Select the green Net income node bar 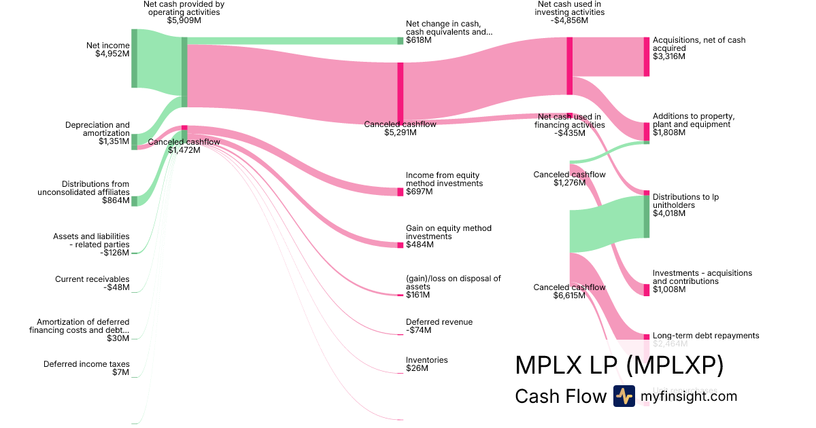[134, 58]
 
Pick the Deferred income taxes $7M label [86, 368]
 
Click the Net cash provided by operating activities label [184, 12]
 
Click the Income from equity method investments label [444, 183]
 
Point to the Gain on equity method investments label [448, 236]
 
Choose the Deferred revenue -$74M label [439, 326]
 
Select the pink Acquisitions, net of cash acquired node [647, 56]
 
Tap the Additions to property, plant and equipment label [693, 124]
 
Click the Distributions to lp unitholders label [685, 205]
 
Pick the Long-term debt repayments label [705, 336]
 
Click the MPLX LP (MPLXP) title [619, 365]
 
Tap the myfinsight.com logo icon [624, 396]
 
